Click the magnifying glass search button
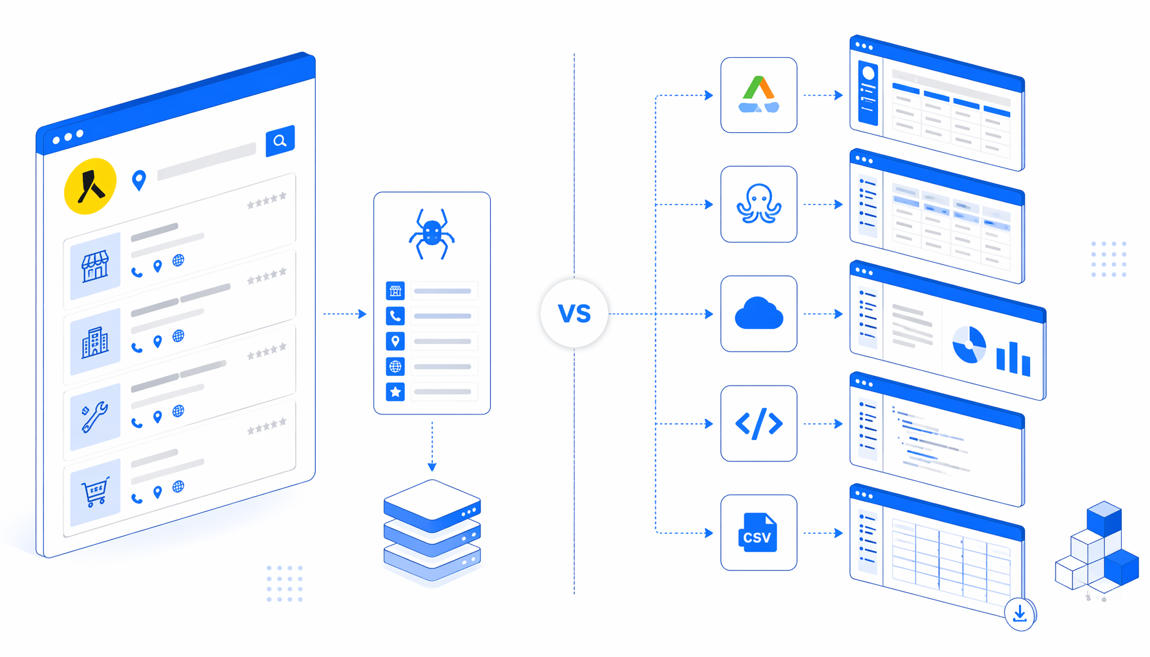coord(280,141)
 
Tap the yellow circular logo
coord(90,186)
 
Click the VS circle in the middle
coord(574,314)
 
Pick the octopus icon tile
coord(759,204)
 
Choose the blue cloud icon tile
coord(759,314)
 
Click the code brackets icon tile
coord(759,423)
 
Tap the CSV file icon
coord(758,533)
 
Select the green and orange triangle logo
coord(759,94)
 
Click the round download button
coord(1020,614)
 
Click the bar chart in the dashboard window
coord(1013,359)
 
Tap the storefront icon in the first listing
coord(95,266)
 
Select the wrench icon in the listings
coord(94,418)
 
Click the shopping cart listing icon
coord(95,492)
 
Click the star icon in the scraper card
coord(395,391)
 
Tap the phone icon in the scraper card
coord(395,316)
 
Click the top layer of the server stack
coord(432,506)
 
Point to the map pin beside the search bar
coord(139,180)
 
